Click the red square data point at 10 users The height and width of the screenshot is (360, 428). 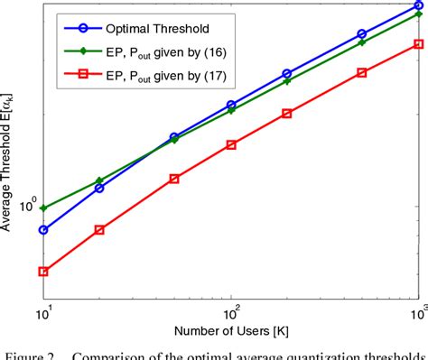43,271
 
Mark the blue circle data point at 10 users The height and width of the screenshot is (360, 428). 43,229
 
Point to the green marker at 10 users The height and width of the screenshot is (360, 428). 43,208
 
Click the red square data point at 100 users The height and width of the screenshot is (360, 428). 231,144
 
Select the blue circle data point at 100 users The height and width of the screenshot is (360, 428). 231,105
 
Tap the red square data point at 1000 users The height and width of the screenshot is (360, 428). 418,43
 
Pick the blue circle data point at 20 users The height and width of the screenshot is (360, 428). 99,188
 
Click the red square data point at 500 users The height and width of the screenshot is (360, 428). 362,72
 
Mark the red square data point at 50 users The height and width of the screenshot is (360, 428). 174,179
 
